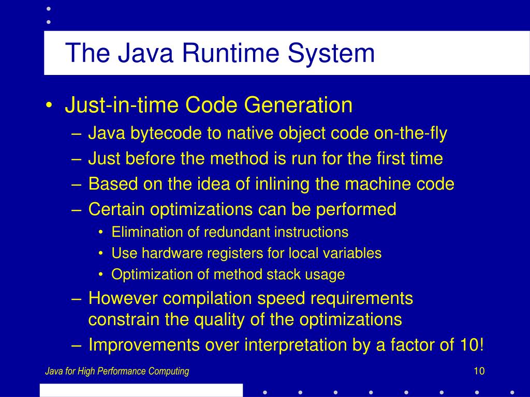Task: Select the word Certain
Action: click(116, 209)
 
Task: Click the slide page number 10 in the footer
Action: click(478, 371)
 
